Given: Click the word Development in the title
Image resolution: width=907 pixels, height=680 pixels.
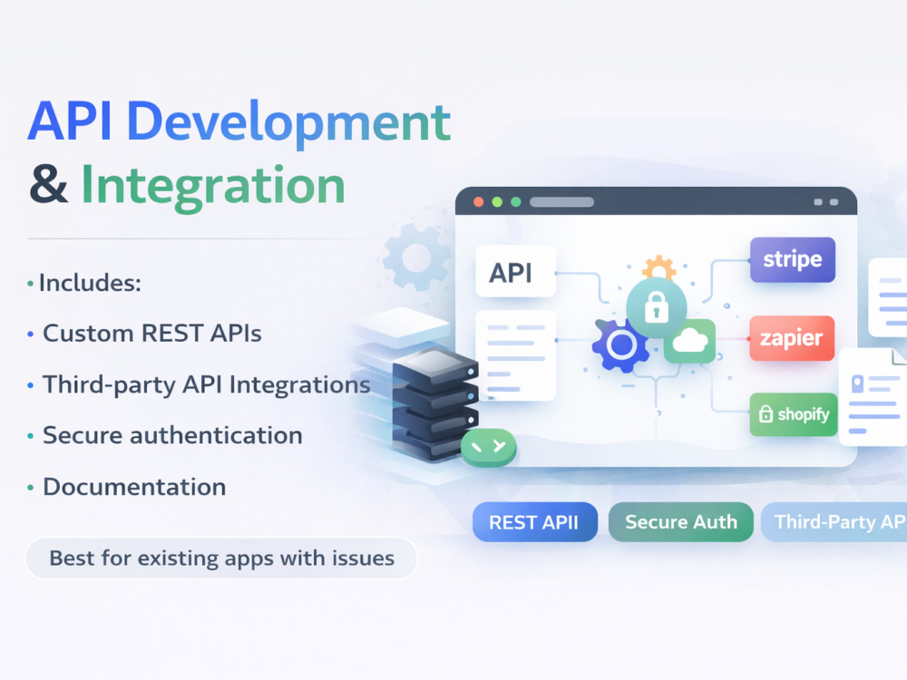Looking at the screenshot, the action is coord(288,123).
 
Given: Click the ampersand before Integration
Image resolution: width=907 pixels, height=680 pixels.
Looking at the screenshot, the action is coord(49,184).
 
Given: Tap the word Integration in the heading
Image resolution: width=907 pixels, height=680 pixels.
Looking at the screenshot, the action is coord(213,186).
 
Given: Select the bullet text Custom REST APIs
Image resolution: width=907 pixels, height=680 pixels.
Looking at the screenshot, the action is coord(152,334).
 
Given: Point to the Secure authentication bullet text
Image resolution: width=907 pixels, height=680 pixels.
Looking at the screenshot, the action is coord(172,435).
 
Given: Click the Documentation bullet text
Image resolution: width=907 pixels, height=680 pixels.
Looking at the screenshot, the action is coord(134,487).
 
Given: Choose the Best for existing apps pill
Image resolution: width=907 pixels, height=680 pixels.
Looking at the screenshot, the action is coord(221,558).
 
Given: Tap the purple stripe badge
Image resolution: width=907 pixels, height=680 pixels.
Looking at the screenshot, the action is coord(793,259).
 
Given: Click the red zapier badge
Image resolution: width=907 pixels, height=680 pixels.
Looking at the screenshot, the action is coord(792,338).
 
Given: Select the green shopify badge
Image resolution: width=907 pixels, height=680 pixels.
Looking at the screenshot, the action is coord(794,414).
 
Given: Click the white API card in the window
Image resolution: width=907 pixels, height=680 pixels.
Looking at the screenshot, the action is coord(515,271).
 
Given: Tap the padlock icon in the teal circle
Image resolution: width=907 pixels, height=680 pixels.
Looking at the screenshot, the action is coord(657,306).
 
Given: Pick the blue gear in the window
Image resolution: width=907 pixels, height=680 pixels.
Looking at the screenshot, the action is coord(620,345).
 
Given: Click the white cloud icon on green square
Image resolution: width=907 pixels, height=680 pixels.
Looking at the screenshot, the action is coord(690,340).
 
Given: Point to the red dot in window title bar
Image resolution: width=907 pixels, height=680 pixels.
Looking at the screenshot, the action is coord(478,202).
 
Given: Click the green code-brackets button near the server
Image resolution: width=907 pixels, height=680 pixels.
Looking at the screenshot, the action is coord(488,446).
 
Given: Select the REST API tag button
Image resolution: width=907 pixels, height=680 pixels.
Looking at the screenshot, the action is coord(534,522).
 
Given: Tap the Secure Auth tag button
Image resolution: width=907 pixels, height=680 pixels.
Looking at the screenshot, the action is coord(681,522).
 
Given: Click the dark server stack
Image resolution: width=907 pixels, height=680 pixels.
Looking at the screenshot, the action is coord(435,403).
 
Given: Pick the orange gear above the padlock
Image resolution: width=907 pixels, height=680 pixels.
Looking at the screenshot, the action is coord(658,267).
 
